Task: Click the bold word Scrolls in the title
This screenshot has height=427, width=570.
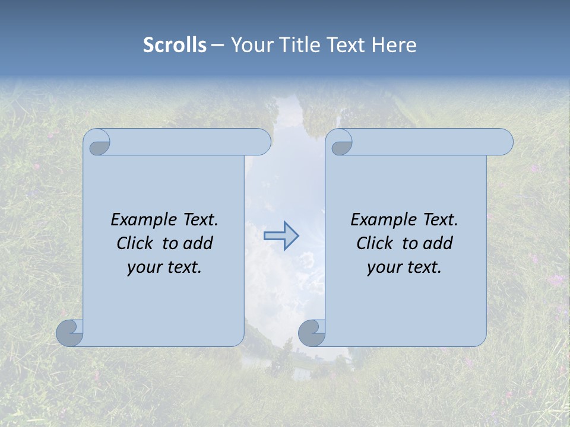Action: click(x=175, y=44)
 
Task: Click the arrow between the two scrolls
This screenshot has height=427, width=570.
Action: click(x=281, y=236)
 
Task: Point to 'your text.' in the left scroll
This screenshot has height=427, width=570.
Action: click(x=164, y=267)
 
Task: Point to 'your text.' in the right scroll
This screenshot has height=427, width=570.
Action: click(x=404, y=267)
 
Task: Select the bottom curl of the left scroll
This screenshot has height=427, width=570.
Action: click(x=70, y=333)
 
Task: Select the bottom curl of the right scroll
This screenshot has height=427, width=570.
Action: click(x=312, y=333)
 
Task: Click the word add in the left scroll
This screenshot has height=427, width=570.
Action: click(x=198, y=243)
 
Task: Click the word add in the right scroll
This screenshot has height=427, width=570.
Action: click(x=438, y=243)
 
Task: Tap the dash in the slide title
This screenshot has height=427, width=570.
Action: click(x=217, y=44)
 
